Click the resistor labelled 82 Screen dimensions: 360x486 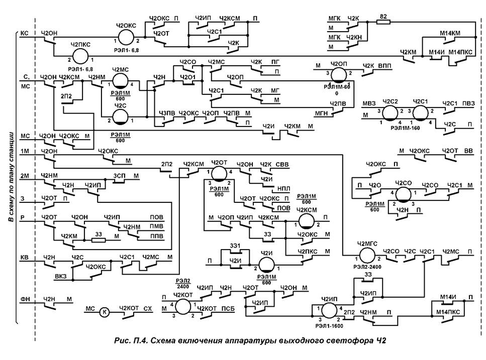[383, 22]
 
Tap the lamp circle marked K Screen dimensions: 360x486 [105, 311]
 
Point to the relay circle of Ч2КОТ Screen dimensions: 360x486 [183, 307]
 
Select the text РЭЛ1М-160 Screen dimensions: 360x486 [405, 128]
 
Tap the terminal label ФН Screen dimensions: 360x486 [25, 299]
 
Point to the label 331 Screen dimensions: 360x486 [234, 245]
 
